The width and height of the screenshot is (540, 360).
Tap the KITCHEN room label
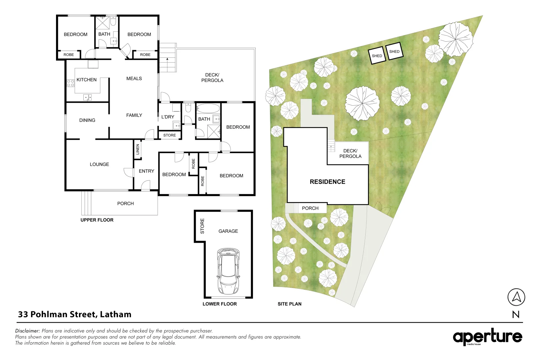click(86, 80)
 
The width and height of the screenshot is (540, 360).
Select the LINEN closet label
click(138, 149)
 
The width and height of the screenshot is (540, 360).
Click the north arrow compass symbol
click(516, 297)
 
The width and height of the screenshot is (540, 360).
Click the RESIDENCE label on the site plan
click(327, 182)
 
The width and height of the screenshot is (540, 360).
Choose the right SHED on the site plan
click(394, 51)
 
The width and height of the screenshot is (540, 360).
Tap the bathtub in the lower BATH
click(208, 108)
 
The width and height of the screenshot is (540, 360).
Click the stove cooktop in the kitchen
click(70, 83)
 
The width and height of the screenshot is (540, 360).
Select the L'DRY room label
click(168, 117)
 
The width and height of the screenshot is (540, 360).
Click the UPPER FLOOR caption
click(97, 220)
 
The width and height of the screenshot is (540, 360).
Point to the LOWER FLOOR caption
click(220, 304)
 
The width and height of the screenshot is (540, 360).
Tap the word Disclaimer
click(27, 331)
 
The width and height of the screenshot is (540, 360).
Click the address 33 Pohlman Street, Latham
click(75, 314)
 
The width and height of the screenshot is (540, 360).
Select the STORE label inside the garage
click(202, 226)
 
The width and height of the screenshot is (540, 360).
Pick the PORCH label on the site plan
click(310, 208)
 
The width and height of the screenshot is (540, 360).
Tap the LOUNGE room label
click(99, 164)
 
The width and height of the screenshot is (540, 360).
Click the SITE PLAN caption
click(289, 304)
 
